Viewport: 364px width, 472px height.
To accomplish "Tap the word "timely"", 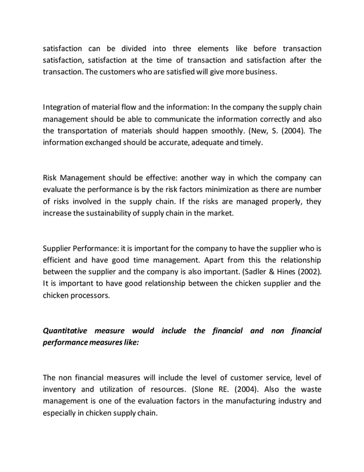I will pos(250,143).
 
